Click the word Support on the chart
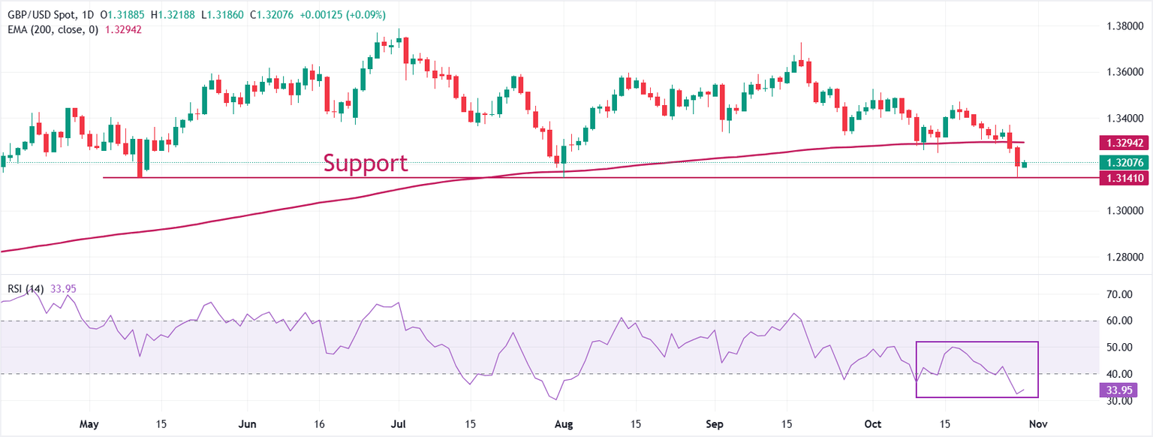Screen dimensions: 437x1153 point(366,163)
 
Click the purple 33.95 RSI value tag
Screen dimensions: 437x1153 point(1118,390)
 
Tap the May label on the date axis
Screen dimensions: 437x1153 point(89,424)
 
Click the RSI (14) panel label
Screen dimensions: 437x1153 point(26,288)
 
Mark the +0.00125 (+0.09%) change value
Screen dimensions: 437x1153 point(344,15)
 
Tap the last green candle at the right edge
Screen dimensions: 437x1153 point(1025,164)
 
